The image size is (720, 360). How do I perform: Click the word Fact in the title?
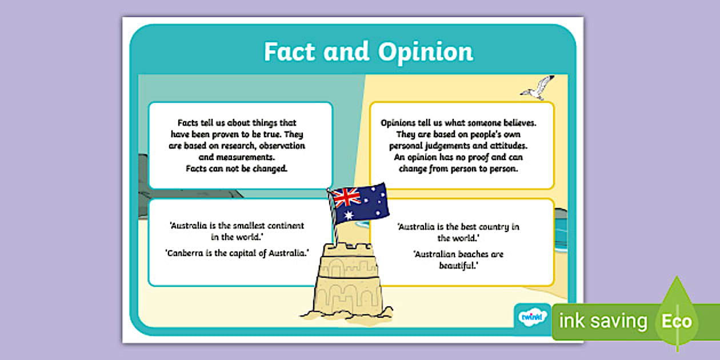[x=289, y=51]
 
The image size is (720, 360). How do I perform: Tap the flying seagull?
[x=537, y=87]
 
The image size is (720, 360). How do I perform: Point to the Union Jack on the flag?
[x=346, y=197]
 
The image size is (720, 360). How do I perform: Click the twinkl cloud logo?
[x=533, y=317]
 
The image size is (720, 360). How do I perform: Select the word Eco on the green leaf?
[x=677, y=321]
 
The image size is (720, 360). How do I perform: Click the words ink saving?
[x=603, y=321]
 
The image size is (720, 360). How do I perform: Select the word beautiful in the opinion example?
[x=458, y=266]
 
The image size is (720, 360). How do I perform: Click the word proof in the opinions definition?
[x=477, y=158]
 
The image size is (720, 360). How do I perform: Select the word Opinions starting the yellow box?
[x=398, y=123]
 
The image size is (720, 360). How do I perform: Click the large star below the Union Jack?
[x=349, y=215]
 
